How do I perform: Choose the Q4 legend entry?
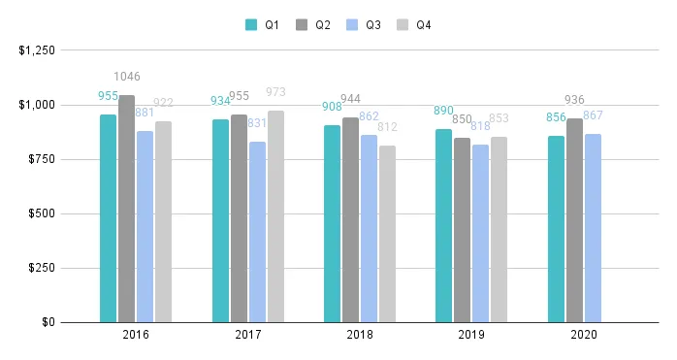(x=415, y=25)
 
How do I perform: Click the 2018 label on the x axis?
(x=360, y=335)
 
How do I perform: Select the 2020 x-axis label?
(x=584, y=335)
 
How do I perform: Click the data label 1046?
(x=127, y=76)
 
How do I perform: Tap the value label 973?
(x=276, y=92)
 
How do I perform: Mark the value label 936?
(x=575, y=99)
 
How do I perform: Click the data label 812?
(x=388, y=127)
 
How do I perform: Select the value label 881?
(x=145, y=112)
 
